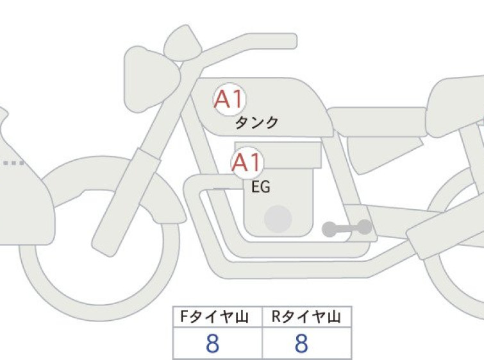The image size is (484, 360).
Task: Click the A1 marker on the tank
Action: (229, 99)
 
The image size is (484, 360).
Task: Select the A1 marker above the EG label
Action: (247, 162)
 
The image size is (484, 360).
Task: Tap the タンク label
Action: (257, 123)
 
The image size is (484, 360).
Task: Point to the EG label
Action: (261, 187)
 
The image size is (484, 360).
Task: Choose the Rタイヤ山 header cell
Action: (307, 316)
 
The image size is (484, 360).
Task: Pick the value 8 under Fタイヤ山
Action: (212, 343)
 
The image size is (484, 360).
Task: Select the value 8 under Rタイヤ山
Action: (301, 343)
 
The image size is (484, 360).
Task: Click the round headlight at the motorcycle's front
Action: (151, 78)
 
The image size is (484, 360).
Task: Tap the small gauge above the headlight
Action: (183, 44)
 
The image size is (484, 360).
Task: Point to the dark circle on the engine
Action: (278, 219)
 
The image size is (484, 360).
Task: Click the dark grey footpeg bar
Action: (347, 228)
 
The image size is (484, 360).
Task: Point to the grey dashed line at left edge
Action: (13, 163)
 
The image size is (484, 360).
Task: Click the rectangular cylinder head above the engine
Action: (278, 155)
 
